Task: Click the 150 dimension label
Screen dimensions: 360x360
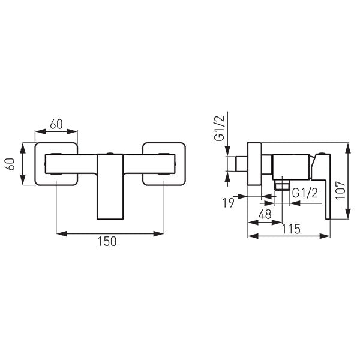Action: tap(107, 241)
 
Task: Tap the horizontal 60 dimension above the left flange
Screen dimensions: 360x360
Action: tap(56, 124)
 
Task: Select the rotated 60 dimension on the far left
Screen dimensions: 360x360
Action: tap(11, 164)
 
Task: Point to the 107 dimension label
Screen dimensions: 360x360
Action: tap(340, 190)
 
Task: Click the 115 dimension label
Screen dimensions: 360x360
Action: tap(291, 229)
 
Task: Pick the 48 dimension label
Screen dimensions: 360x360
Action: tap(265, 214)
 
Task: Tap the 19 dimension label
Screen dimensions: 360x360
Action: tap(228, 203)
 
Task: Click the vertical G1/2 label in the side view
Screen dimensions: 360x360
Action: tap(219, 128)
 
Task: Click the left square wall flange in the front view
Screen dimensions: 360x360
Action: tap(56, 164)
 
